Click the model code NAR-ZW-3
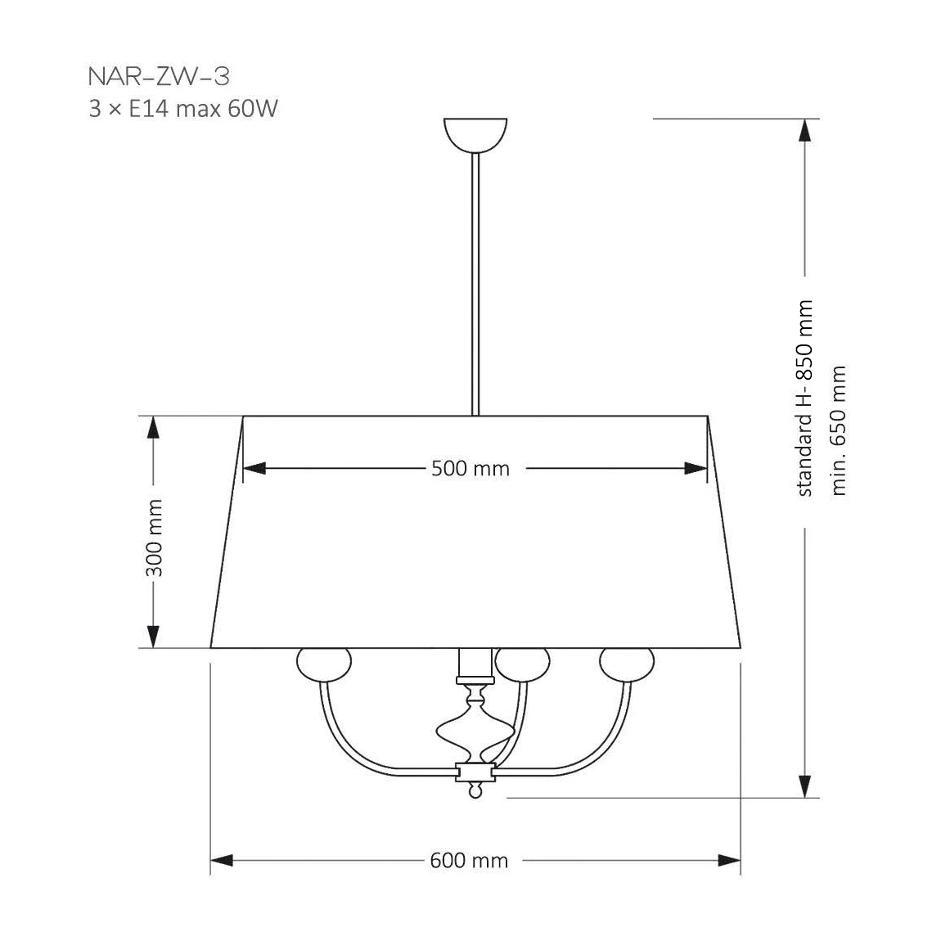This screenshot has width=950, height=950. coord(159,77)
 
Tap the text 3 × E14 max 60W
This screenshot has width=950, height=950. coord(183,109)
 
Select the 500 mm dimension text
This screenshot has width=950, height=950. coord(470,468)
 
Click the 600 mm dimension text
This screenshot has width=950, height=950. coord(469,860)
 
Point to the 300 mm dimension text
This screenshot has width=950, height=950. coord(155,538)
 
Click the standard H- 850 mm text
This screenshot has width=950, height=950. coord(804,398)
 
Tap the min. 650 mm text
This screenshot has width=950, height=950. coord(838,430)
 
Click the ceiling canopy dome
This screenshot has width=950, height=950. coord(475,134)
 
